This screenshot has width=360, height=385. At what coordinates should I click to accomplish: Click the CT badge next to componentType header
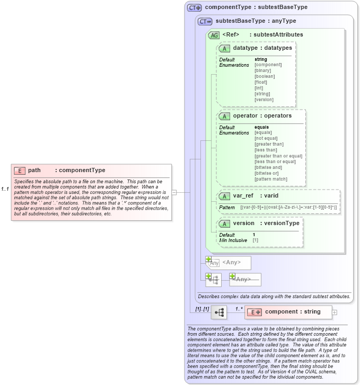pyautogui.click(x=195, y=8)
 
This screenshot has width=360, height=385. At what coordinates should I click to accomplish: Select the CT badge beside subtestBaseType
pyautogui.click(x=205, y=22)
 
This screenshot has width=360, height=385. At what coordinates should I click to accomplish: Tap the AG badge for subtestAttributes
pyautogui.click(x=214, y=35)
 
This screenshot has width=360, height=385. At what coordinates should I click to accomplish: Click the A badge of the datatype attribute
pyautogui.click(x=224, y=49)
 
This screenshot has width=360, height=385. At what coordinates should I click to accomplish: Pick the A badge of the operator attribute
pyautogui.click(x=224, y=116)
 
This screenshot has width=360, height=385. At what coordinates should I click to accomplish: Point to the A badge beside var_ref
pyautogui.click(x=224, y=196)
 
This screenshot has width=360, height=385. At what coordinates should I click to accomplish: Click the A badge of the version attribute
pyautogui.click(x=224, y=224)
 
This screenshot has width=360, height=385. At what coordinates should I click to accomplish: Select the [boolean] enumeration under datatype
pyautogui.click(x=265, y=76)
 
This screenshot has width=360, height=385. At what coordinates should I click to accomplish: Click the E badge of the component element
pyautogui.click(x=256, y=312)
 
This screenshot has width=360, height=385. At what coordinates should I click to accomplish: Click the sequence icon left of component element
pyautogui.click(x=218, y=312)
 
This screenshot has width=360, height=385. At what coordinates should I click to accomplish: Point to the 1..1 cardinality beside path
pyautogui.click(x=5, y=189)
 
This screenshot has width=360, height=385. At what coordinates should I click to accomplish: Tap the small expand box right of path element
pyautogui.click(x=174, y=192)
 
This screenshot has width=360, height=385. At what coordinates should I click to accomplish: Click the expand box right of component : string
pyautogui.click(x=335, y=312)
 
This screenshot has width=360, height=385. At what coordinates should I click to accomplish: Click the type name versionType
pyautogui.click(x=282, y=223)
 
